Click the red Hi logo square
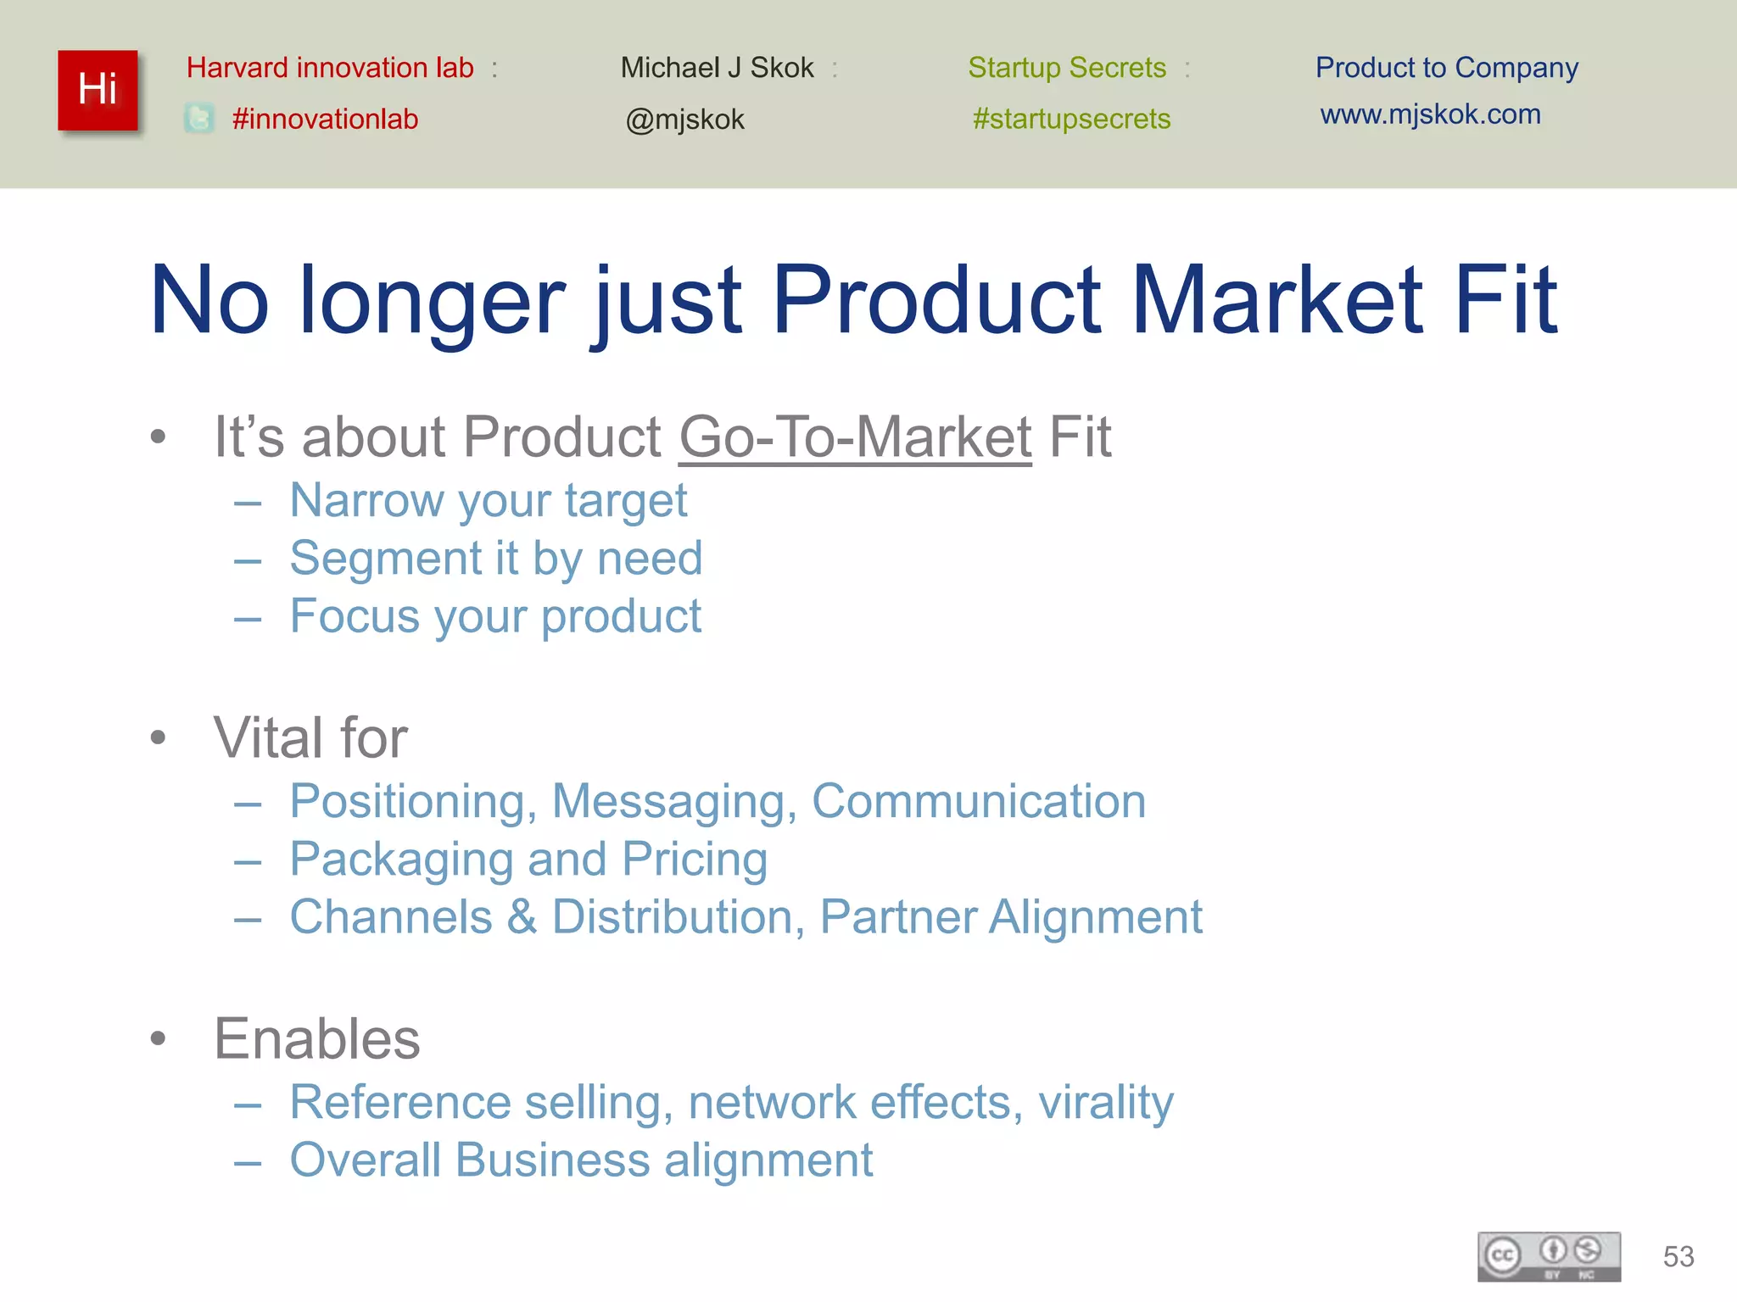pos(98,90)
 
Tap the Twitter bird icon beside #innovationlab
pos(199,118)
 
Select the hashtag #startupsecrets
pos(1071,119)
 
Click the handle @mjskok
pos(684,120)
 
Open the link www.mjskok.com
pos(1430,114)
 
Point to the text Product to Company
pos(1446,67)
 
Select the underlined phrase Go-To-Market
pos(855,437)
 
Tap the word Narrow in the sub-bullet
pos(366,500)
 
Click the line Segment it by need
pos(496,559)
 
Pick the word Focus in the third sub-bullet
pos(355,615)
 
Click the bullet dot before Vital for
pos(158,737)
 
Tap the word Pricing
pos(695,860)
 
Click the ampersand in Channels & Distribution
pos(522,917)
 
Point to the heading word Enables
pos(316,1038)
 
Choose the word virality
pos(1105,1102)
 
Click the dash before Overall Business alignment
pos(248,1162)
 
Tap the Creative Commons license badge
pos(1549,1256)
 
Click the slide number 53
pos(1678,1256)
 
